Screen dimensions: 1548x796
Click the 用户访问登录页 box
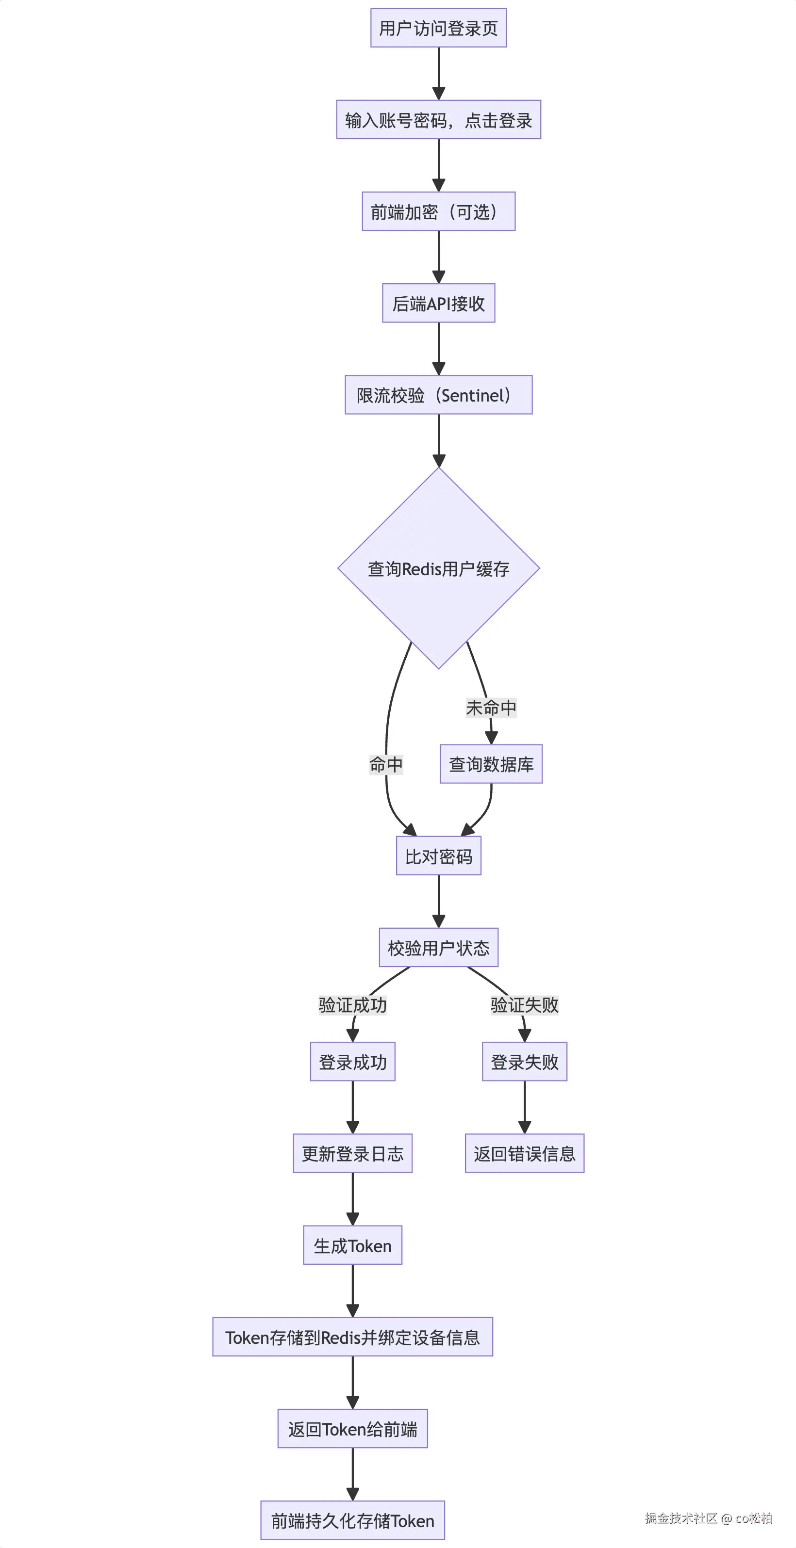click(438, 28)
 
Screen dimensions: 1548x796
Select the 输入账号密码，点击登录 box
click(438, 120)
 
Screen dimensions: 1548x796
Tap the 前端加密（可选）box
click(438, 211)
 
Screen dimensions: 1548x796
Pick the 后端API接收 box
click(438, 304)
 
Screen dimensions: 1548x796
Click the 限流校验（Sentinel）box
click(438, 395)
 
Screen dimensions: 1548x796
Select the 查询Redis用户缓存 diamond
click(438, 568)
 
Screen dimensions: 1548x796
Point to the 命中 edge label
click(386, 764)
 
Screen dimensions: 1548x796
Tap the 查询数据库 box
click(491, 764)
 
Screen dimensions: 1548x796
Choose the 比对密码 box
click(438, 856)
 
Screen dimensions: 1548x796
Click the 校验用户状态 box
click(438, 948)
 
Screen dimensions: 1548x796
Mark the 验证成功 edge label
click(352, 1005)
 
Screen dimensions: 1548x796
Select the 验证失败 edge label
click(524, 1005)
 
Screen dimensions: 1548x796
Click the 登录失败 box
click(524, 1062)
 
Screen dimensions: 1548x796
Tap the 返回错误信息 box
click(524, 1153)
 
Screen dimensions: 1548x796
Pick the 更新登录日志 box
click(352, 1153)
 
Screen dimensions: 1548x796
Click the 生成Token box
click(352, 1245)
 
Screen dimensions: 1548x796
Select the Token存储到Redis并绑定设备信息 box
click(352, 1337)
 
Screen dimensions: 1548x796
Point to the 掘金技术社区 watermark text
click(681, 1518)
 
